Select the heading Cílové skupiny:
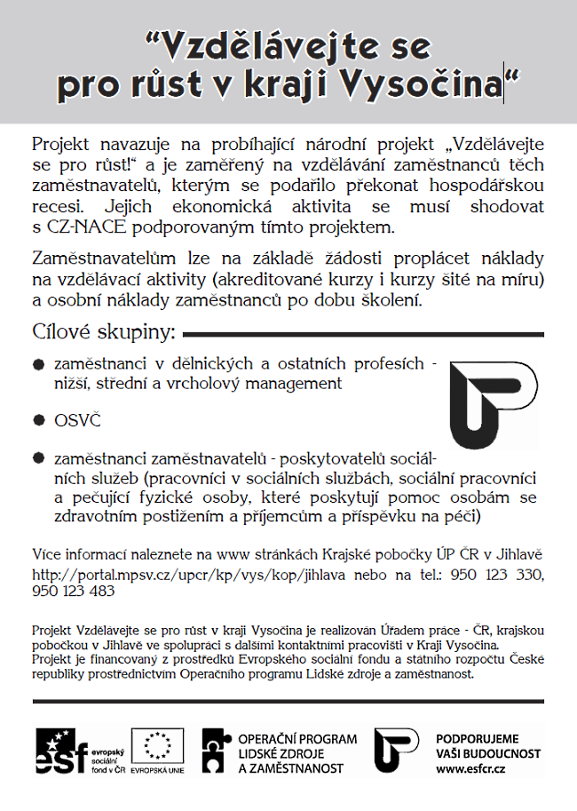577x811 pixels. click(x=103, y=334)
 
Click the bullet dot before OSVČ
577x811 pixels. click(x=37, y=417)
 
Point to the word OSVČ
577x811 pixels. click(x=77, y=417)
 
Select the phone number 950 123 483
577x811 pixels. click(x=73, y=591)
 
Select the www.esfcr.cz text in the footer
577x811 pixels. click(x=471, y=767)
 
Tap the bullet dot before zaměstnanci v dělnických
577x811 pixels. click(x=37, y=365)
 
